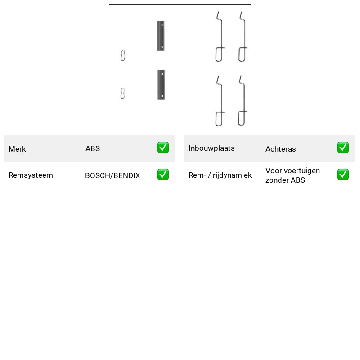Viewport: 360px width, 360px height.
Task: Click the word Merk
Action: coord(17,149)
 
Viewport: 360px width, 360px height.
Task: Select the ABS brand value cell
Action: coord(93,148)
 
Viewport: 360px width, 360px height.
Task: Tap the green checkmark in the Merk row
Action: coord(163,148)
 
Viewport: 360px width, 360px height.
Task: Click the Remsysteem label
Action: coord(31,175)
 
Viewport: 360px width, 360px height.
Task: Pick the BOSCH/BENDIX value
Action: coord(112,175)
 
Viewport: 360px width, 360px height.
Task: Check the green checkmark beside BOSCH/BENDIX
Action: coord(163,175)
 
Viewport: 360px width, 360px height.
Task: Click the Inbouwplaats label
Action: coord(211,148)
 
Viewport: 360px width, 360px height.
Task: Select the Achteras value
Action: coord(280,149)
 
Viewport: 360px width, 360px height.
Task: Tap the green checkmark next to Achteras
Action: coord(343,148)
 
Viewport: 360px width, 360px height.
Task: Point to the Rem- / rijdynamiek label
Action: coord(220,175)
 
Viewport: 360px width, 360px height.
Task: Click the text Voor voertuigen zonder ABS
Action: coord(293,175)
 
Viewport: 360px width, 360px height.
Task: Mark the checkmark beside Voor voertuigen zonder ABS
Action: coord(343,175)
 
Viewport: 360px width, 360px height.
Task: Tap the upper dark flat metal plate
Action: coord(161,36)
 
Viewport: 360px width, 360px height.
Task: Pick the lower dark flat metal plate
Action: coord(161,85)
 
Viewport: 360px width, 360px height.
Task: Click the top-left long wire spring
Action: coord(221,37)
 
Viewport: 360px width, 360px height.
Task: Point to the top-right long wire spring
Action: coord(244,37)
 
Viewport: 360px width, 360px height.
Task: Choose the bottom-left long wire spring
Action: coord(221,101)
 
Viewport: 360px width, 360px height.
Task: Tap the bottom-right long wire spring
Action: coord(244,101)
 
